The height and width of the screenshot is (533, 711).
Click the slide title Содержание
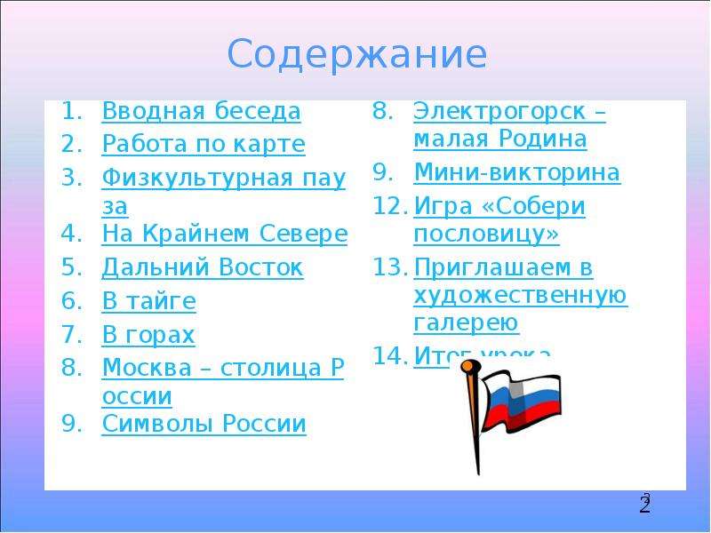(357, 55)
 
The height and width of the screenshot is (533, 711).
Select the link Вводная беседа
(202, 110)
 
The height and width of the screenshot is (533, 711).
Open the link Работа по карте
(204, 144)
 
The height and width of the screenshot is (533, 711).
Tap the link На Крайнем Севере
(225, 234)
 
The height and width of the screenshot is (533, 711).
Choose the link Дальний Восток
(203, 267)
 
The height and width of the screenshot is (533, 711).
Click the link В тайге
(149, 301)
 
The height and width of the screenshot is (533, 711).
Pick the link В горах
(148, 335)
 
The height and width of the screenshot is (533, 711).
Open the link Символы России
(204, 424)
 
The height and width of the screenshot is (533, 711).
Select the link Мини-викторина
(517, 172)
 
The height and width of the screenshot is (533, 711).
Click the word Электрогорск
(499, 112)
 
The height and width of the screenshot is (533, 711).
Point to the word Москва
(147, 368)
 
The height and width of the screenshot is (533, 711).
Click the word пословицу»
(486, 234)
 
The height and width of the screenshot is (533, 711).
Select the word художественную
(521, 296)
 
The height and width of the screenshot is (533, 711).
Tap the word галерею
(466, 323)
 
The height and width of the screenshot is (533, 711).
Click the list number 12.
(388, 206)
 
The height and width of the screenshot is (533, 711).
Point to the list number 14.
(388, 356)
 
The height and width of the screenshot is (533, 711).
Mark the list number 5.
(71, 267)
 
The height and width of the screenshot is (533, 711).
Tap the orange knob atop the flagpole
(470, 366)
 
